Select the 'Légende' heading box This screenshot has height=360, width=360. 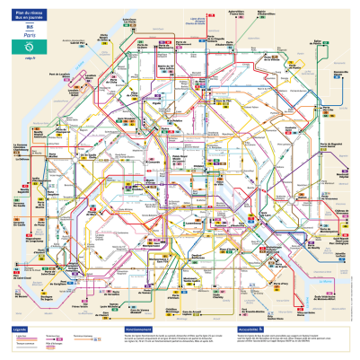(x=19, y=329)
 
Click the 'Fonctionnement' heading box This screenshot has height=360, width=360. (x=141, y=329)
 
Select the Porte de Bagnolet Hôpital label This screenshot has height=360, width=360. (x=332, y=145)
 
